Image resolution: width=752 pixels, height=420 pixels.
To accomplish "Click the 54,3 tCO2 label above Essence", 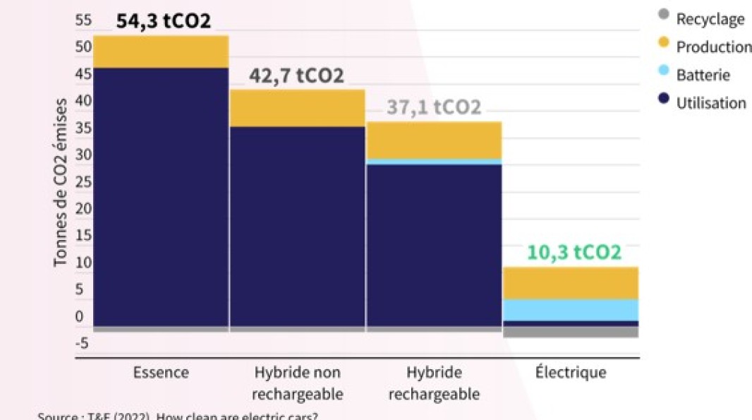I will (163, 21).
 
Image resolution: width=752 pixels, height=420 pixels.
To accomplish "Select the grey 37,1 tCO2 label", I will (433, 107).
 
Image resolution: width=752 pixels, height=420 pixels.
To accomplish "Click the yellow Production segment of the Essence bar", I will (161, 52).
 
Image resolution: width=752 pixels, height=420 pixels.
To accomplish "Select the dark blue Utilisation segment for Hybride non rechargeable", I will (297, 226).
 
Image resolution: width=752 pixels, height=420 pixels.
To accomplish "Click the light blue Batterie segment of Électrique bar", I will (570, 310).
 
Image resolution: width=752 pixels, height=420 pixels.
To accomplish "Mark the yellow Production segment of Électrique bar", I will (570, 283).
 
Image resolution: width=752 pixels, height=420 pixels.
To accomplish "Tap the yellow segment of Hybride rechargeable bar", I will (433, 140).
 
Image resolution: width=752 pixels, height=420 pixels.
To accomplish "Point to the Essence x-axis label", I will (161, 372).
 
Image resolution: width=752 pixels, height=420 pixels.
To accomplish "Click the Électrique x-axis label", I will (570, 372).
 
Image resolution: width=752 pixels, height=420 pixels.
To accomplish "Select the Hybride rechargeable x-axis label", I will (433, 383).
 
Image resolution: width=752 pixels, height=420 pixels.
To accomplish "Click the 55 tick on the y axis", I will (83, 20).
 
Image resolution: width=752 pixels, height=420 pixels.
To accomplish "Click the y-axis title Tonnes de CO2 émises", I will (61, 182).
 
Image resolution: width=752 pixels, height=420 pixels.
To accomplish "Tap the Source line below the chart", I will (177, 415).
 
